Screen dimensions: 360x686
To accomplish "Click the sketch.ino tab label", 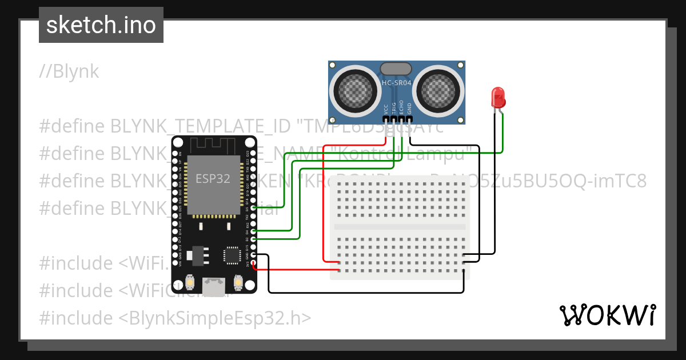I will [x=101, y=25].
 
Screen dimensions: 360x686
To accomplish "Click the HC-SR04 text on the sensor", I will [x=396, y=83].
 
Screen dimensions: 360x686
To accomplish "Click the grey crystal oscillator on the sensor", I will [x=396, y=69].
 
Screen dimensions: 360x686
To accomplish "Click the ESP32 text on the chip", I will [x=213, y=178].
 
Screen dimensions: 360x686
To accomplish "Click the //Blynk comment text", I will [x=69, y=71].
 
